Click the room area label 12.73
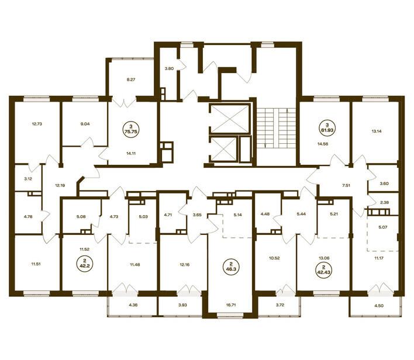37,124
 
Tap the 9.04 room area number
85,124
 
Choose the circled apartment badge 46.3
231,268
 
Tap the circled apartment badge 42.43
323,269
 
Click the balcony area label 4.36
133,305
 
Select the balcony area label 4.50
378,306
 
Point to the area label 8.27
131,79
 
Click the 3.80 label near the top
169,68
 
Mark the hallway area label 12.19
60,185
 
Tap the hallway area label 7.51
346,185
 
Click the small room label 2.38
384,203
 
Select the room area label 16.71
231,305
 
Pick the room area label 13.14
375,131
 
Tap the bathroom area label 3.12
28,179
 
